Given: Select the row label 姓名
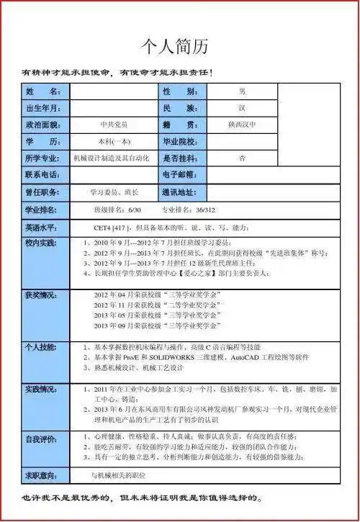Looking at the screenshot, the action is (x=43, y=92).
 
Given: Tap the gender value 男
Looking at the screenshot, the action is (x=242, y=92).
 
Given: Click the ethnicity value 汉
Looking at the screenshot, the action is (x=242, y=108).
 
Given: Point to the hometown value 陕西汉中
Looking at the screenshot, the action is (x=242, y=125).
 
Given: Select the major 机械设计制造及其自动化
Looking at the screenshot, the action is (x=111, y=158).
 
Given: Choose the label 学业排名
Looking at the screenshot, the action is (x=43, y=210).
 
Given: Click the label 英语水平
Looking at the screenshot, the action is (x=43, y=228).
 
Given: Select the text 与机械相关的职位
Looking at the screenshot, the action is (x=120, y=475).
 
